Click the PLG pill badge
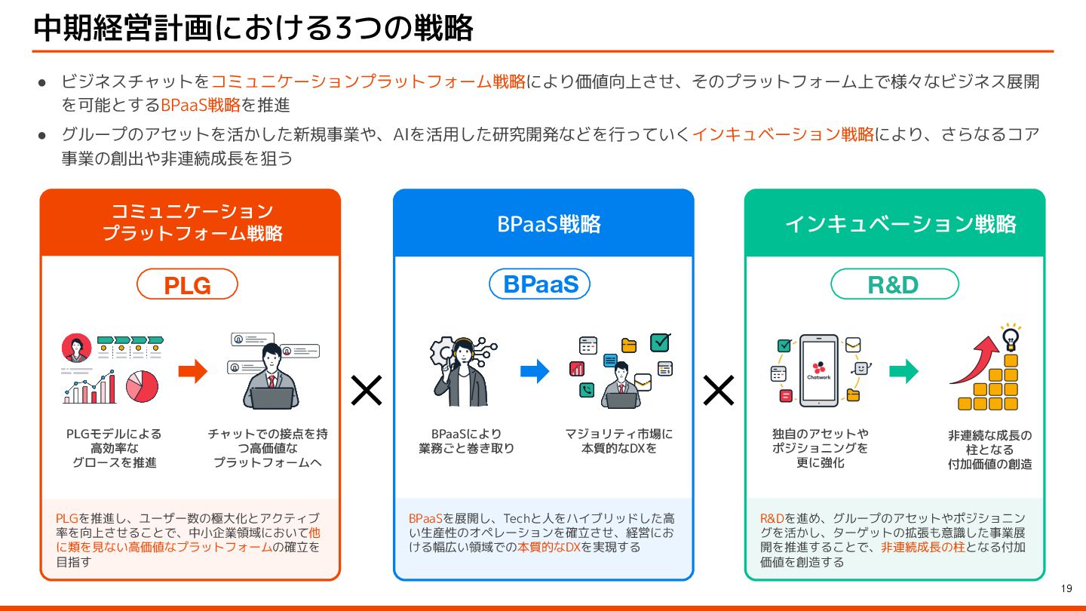[187, 284]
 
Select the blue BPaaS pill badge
[540, 284]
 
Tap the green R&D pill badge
[894, 284]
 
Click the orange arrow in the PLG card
[192, 370]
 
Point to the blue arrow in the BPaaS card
[535, 370]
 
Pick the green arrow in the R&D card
[903, 370]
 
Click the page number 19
[1066, 589]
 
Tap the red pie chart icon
[142, 386]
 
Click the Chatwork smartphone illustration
[818, 370]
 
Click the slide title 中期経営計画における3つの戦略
[253, 28]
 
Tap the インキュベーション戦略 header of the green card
[900, 224]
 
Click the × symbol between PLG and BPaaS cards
[367, 390]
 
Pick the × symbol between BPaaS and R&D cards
[719, 390]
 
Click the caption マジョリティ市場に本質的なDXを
[618, 441]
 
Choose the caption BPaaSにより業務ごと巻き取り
[466, 441]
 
